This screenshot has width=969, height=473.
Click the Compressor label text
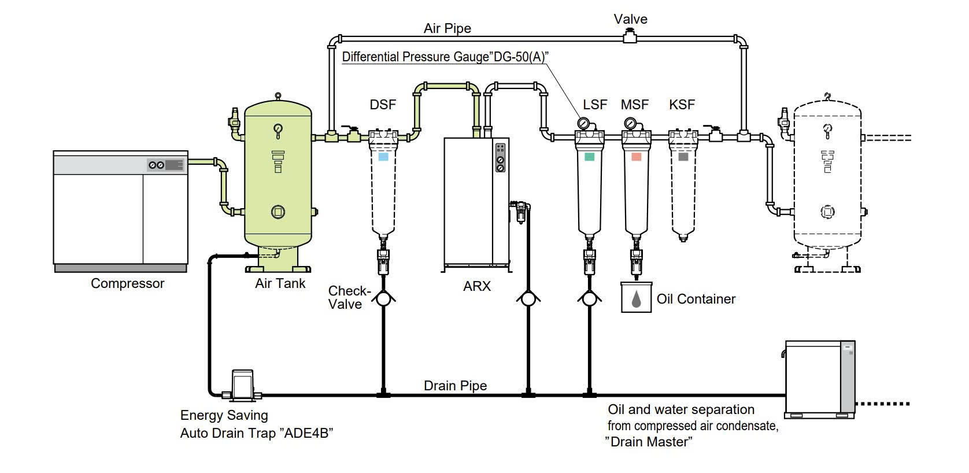(x=127, y=283)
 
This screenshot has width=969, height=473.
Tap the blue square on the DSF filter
(x=383, y=156)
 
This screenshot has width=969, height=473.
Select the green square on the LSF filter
(x=589, y=156)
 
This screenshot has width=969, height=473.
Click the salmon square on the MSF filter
(x=636, y=156)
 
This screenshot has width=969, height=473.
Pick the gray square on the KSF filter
(x=683, y=156)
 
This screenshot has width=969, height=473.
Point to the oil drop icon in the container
(x=636, y=298)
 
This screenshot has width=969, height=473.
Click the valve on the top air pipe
(x=630, y=39)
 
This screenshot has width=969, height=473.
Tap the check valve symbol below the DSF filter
(x=383, y=299)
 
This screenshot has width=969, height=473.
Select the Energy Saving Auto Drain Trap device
(x=242, y=385)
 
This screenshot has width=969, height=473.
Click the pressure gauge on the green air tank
(x=279, y=128)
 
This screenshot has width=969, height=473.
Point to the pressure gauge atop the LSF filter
(x=583, y=123)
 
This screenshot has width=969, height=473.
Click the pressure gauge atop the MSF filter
(x=630, y=123)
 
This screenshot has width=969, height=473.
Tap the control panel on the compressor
(x=166, y=165)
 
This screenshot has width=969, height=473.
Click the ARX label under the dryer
(x=476, y=286)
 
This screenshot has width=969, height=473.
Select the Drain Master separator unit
(x=819, y=379)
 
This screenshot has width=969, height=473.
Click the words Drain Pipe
(x=455, y=386)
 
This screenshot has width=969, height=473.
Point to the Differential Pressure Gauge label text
(x=445, y=57)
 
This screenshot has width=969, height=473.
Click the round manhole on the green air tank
(x=278, y=212)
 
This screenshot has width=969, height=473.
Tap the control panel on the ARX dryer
(x=500, y=157)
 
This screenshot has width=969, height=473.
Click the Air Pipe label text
(x=447, y=28)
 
